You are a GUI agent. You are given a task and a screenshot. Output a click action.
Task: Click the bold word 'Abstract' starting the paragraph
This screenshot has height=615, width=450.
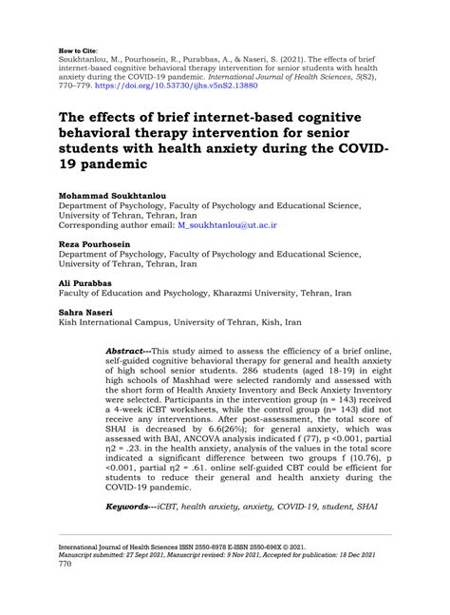coord(128,350)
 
